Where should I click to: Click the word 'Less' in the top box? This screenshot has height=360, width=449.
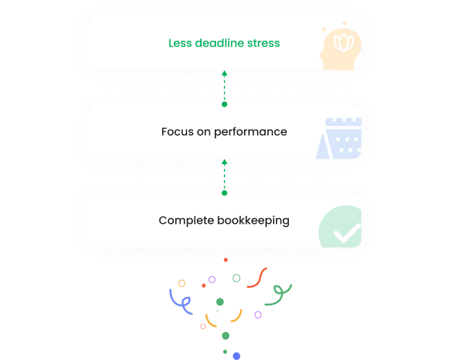point(179,43)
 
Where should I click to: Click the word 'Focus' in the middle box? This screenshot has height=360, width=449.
point(177,132)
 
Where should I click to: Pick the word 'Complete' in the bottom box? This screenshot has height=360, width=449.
point(184,221)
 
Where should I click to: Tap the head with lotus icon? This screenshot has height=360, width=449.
point(340,48)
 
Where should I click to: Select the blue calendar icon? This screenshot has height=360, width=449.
point(340,138)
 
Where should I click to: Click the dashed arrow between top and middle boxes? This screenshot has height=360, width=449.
point(224,87)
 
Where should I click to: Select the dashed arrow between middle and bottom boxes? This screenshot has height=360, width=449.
point(224,176)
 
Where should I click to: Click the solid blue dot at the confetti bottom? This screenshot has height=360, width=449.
point(236,355)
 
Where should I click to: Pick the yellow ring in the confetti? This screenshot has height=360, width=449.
point(182,283)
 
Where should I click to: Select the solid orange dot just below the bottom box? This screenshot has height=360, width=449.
point(226,260)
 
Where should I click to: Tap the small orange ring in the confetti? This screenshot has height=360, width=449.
point(203,326)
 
